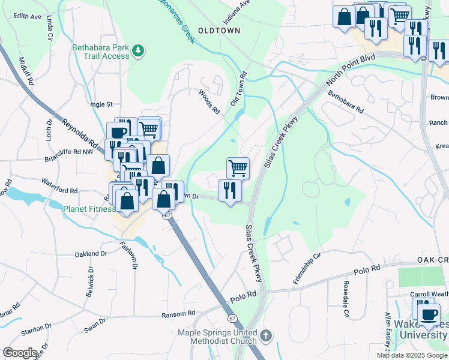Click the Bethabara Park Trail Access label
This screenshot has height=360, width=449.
[x=100, y=52]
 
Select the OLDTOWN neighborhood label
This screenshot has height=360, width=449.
[x=219, y=29]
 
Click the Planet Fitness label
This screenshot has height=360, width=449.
[x=89, y=209]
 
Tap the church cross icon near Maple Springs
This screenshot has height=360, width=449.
[x=267, y=335]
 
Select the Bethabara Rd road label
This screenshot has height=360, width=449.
[x=346, y=102]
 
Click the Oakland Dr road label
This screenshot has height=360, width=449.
[x=91, y=254]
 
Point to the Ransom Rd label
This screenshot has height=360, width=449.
[x=179, y=313]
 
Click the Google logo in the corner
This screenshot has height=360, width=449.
[x=20, y=352]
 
